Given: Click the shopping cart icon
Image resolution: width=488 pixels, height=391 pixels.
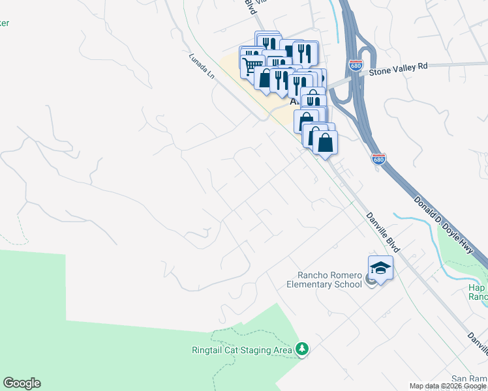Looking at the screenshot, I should tap(252, 65).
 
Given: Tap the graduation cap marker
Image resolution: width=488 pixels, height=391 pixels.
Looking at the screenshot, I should tap(381, 267).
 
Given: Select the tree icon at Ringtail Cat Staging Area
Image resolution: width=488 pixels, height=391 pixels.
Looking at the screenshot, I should tap(301, 350).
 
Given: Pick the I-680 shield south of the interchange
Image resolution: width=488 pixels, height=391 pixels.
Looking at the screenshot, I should tap(378, 158).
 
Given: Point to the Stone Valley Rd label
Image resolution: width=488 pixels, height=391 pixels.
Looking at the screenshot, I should tap(398, 66).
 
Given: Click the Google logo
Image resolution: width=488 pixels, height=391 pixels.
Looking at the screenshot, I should tap(22, 383).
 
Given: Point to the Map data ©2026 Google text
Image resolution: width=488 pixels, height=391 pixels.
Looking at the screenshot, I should tap(448, 386).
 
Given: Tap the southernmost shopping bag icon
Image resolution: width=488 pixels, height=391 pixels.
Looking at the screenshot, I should tap(325, 142).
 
